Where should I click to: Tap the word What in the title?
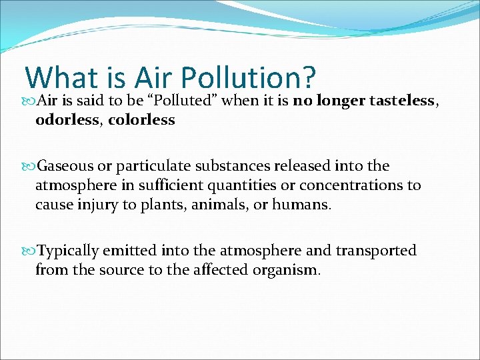tap(61, 78)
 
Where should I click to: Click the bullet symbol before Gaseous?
tap(29, 165)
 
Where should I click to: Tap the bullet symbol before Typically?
tap(29, 251)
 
